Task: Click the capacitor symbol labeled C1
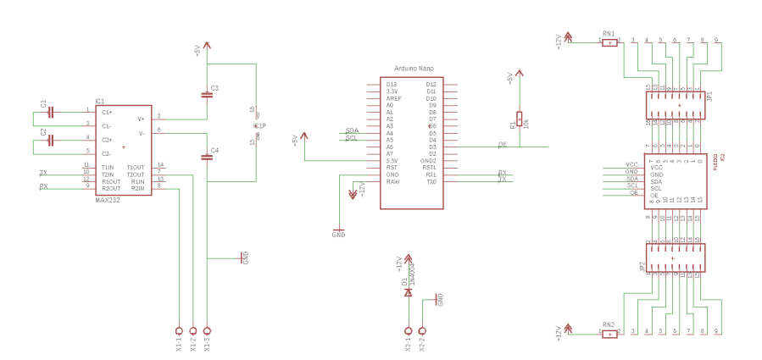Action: point(52,112)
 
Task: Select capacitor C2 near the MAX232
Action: point(52,140)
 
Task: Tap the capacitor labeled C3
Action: point(207,95)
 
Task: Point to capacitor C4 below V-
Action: point(207,157)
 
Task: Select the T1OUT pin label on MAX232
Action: point(136,167)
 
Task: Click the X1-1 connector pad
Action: point(179,330)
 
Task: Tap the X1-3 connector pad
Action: point(207,330)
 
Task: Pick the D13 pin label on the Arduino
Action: point(391,84)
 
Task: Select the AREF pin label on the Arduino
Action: point(393,98)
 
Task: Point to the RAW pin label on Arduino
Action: point(392,182)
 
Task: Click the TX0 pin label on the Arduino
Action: point(431,182)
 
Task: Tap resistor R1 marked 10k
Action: point(520,119)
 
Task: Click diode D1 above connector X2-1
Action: point(408,292)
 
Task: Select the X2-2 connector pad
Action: point(422,330)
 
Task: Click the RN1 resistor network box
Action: point(609,42)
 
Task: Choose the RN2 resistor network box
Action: point(609,334)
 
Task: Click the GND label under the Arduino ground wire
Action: point(338,235)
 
